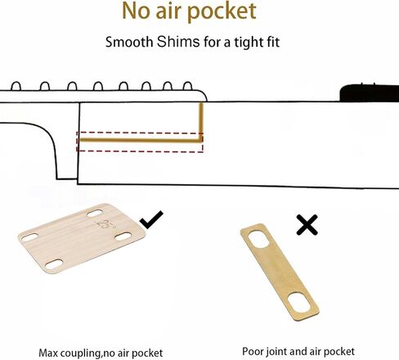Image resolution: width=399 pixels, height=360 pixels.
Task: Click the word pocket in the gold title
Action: (x=222, y=11)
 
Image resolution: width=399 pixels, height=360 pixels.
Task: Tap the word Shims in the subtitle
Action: (x=178, y=42)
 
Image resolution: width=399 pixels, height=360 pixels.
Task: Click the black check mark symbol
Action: (x=151, y=219)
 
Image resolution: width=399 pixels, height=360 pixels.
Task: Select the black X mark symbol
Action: (x=307, y=225)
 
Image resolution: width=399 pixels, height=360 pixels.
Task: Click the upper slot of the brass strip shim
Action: (x=259, y=239)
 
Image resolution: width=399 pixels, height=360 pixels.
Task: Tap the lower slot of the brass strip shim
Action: (x=299, y=302)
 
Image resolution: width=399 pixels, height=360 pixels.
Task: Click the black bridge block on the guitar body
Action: (x=370, y=93)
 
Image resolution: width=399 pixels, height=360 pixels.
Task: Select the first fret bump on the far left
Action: (x=16, y=86)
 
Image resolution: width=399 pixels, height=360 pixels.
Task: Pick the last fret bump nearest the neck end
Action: (x=188, y=86)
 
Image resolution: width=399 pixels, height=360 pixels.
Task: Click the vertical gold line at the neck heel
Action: (x=201, y=122)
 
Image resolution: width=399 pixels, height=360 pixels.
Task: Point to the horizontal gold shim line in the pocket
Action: (x=141, y=141)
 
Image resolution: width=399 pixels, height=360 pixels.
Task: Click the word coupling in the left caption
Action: (x=80, y=353)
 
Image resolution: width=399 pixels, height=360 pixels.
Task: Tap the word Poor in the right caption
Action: (x=253, y=351)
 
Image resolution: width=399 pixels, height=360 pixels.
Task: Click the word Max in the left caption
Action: (x=48, y=353)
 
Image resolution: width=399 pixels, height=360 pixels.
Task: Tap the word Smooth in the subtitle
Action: (x=129, y=43)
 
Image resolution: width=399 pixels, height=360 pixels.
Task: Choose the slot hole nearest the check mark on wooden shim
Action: (x=123, y=236)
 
